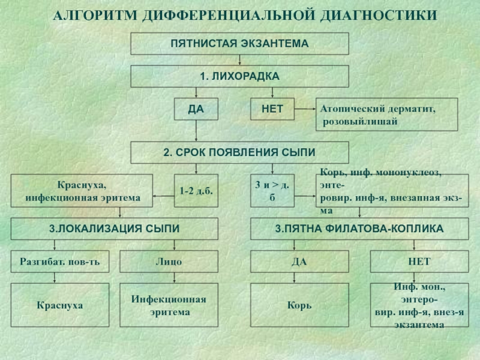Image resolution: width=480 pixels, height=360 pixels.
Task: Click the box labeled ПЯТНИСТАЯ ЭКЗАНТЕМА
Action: [x=239, y=43]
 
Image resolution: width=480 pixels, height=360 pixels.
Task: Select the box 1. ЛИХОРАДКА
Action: [x=239, y=76]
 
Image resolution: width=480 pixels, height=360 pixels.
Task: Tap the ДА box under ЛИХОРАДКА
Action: [x=196, y=109]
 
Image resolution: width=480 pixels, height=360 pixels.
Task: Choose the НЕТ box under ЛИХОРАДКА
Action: [x=272, y=109]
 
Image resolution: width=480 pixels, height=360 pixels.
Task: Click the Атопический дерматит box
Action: [x=387, y=115]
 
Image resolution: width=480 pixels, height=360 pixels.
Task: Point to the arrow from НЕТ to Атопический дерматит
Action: [x=305, y=109]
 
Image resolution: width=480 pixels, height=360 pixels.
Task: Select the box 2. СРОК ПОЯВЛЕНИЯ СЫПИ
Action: [x=239, y=152]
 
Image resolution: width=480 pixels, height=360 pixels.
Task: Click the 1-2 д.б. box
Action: [x=196, y=191]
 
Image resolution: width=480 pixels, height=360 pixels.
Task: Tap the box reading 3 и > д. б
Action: [x=272, y=191]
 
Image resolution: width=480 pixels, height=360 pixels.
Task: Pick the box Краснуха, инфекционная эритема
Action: [x=82, y=191]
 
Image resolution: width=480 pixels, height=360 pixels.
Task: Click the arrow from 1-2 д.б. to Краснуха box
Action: [x=163, y=196]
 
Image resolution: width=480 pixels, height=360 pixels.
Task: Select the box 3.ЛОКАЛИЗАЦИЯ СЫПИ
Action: [x=115, y=229]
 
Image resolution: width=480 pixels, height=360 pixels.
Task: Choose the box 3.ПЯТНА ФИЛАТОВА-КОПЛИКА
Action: [x=359, y=229]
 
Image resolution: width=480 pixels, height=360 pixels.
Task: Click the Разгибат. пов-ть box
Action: [x=60, y=262]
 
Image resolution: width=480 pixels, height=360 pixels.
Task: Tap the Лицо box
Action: [x=169, y=262]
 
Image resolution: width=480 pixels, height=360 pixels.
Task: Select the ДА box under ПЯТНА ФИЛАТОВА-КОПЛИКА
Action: [x=299, y=262]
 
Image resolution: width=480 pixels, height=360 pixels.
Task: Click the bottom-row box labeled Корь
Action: [x=299, y=305]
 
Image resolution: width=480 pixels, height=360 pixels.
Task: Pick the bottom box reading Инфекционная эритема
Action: [x=169, y=305]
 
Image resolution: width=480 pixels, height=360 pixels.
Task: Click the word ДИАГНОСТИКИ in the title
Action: [x=379, y=16]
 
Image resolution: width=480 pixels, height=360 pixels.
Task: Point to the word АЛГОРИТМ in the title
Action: [x=95, y=16]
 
